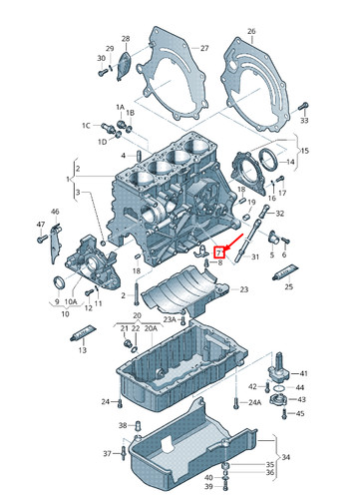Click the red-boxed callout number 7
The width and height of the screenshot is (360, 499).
click(x=220, y=253)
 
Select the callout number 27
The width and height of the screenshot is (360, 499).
click(x=204, y=48)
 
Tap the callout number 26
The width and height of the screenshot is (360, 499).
click(x=250, y=31)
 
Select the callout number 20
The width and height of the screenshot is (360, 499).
click(x=151, y=315)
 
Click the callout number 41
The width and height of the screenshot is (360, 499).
click(x=304, y=371)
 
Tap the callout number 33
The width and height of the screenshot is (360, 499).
click(x=304, y=120)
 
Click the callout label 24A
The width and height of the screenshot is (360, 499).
click(x=255, y=402)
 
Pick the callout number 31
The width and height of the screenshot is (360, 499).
click(x=254, y=256)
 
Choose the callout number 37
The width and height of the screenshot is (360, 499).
click(x=107, y=453)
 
